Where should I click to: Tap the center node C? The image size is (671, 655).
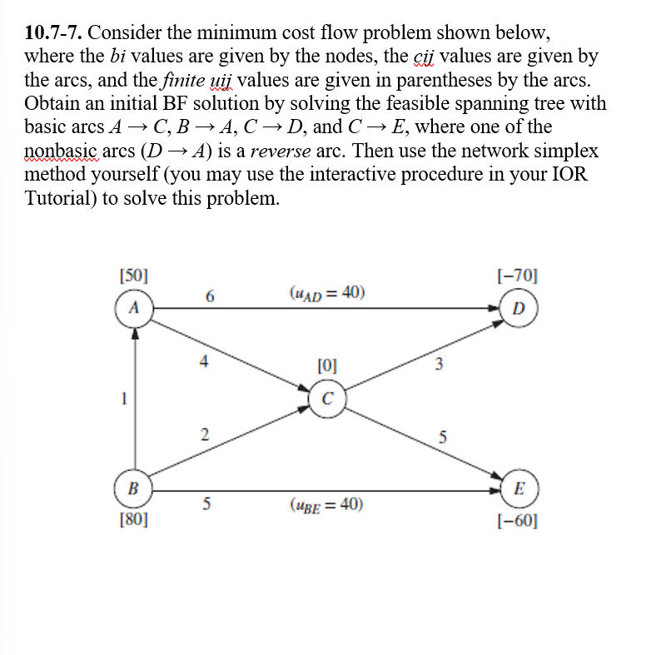pyautogui.click(x=327, y=397)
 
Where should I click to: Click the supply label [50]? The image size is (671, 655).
pyautogui.click(x=133, y=275)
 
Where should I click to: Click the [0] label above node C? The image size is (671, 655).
pyautogui.click(x=328, y=364)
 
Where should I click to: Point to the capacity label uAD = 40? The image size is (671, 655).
pyautogui.click(x=327, y=292)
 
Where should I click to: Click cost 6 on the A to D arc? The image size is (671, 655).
pyautogui.click(x=209, y=296)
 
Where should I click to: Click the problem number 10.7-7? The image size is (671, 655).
pyautogui.click(x=54, y=33)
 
